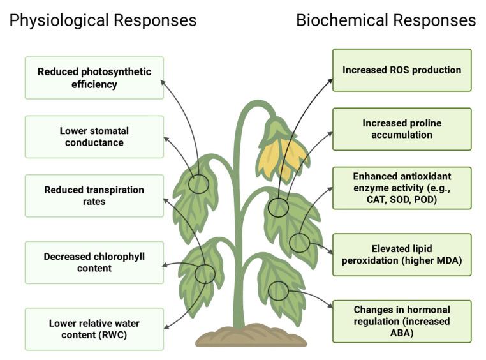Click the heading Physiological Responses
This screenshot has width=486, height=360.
[x=103, y=20]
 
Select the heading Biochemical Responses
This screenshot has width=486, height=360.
[x=386, y=20]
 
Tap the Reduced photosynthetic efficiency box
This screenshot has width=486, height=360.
[x=94, y=78]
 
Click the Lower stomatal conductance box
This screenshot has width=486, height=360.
[x=94, y=137]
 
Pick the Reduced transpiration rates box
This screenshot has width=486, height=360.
[x=94, y=196]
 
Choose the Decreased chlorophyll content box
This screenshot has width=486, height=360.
[x=94, y=262]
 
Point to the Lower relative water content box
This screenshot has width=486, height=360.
[x=94, y=329]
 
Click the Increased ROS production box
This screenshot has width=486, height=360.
[x=402, y=70]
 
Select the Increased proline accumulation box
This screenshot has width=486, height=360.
[x=402, y=129]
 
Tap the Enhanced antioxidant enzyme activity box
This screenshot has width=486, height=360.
[x=402, y=188]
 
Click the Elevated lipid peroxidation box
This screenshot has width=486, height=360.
[x=402, y=255]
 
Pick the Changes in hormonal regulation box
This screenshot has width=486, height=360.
[x=402, y=321]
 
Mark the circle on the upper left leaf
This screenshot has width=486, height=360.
[x=199, y=184]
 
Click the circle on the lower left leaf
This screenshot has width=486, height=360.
[x=205, y=274]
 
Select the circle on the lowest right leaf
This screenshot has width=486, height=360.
[x=278, y=291]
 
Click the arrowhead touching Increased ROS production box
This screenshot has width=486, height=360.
[x=330, y=80]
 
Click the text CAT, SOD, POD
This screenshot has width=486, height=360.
[x=402, y=199]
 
